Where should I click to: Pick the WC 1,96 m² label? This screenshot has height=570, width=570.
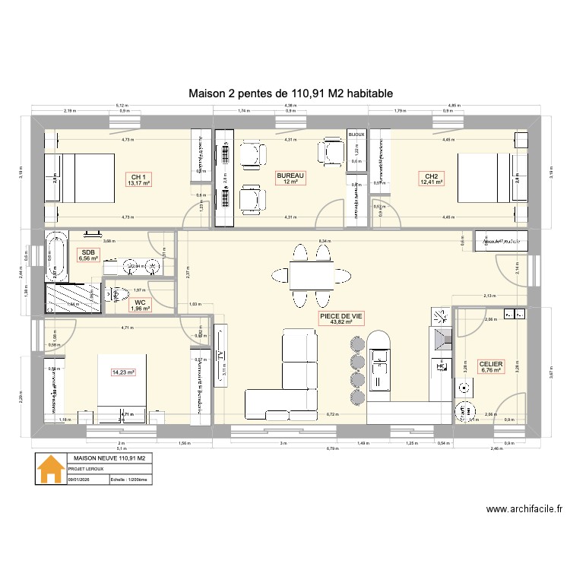point(139,305)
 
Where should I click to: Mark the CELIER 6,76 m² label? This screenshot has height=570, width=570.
point(491,367)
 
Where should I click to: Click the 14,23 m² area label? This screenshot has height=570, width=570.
point(122,372)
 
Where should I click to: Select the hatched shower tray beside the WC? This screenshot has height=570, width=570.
point(74,298)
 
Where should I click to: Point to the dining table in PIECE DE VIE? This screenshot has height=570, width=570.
point(312,273)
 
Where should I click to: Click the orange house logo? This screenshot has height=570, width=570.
point(51,469)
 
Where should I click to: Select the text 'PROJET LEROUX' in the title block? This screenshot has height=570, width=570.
point(85,470)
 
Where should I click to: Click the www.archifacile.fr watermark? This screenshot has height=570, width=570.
point(520,511)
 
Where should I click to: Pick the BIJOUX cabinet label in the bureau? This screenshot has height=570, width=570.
point(356,135)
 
